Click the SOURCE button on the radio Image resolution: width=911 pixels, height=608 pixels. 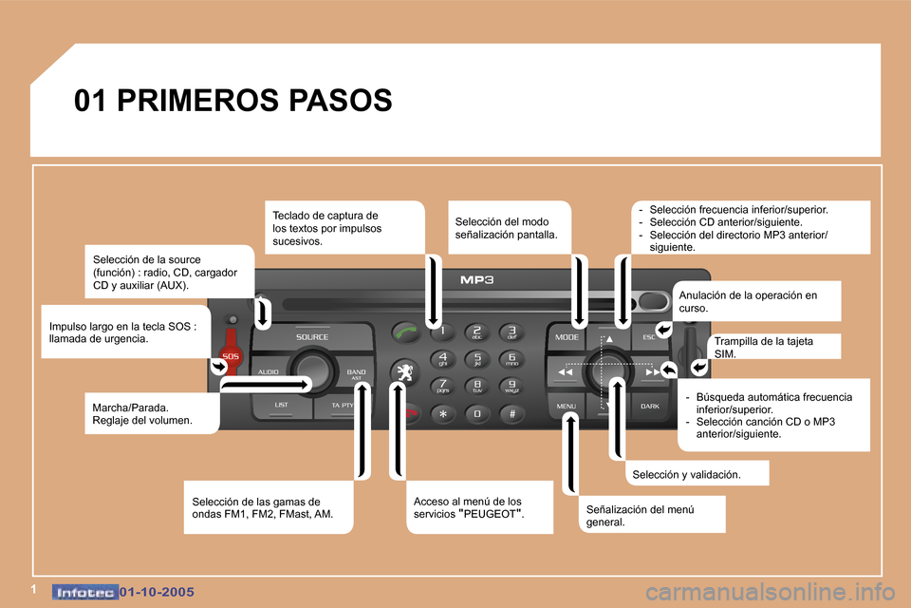pos(312,337)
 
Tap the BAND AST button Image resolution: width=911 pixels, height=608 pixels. pos(356,374)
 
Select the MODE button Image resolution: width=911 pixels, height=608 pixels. pos(567,337)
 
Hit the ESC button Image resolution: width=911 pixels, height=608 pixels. pos(648,337)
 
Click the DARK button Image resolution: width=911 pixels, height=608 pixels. pos(649,406)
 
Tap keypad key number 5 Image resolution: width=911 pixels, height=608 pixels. pos(477,359)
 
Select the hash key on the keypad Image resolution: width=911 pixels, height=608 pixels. pos(511,413)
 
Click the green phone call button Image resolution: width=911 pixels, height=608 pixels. pos(405,332)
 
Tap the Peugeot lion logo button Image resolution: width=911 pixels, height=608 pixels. pos(404,372)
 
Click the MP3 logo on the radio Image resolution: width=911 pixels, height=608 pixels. pos(477,280)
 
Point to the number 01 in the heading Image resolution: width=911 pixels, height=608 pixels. pos(90,100)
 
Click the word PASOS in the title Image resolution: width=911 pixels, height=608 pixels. pos(341,100)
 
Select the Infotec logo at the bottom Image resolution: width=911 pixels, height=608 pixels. pos(84,592)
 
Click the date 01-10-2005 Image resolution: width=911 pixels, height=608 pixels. pos(157,592)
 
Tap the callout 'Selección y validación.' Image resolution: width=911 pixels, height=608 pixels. pos(686,474)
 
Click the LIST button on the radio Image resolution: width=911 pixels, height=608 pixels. pos(281,406)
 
